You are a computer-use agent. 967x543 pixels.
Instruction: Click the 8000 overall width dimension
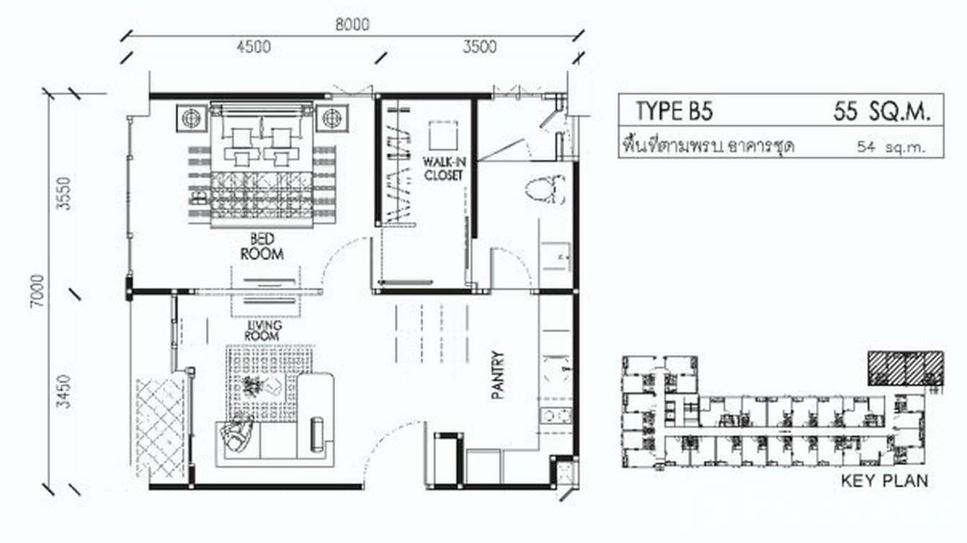[x=352, y=24]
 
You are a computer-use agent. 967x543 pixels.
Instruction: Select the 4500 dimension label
[x=253, y=47]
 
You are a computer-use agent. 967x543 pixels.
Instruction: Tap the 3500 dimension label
[x=479, y=47]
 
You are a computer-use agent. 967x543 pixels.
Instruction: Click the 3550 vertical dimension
[x=66, y=192]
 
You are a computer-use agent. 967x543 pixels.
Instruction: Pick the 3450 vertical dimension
[x=66, y=391]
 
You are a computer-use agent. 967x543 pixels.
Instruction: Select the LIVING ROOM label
[x=262, y=331]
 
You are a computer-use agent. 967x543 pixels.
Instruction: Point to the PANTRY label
[x=498, y=374]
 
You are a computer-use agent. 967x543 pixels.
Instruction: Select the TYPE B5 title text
[x=673, y=112]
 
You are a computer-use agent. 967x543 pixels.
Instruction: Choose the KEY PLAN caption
[x=884, y=481]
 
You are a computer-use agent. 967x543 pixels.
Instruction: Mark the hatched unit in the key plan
[x=905, y=367]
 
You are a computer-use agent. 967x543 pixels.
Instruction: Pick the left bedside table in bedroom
[x=191, y=117]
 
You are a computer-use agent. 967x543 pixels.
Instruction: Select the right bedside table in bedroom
[x=331, y=117]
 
